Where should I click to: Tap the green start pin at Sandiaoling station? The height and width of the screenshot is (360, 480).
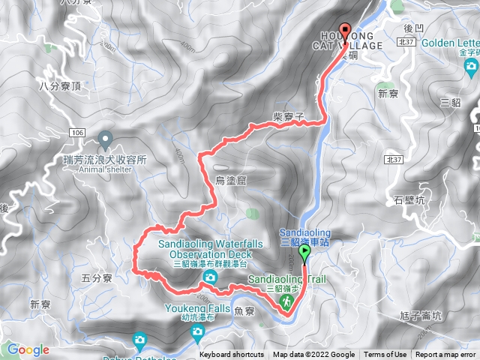point(304,253)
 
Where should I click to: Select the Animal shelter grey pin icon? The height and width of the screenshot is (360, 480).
point(105,139)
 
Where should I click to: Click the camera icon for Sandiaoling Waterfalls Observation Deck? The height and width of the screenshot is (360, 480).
point(210,277)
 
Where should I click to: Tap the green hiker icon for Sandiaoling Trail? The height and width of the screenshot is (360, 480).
point(286,301)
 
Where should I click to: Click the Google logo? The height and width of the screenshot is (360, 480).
point(28,349)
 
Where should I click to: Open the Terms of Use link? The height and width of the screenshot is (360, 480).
point(385,355)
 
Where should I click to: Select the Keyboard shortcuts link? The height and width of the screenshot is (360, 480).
point(231,355)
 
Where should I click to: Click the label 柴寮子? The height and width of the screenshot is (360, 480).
point(288,117)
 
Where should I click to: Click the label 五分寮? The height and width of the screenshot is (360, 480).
point(96,278)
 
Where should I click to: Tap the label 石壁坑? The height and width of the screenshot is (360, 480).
point(409,200)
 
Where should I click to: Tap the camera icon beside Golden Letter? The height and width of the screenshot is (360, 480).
point(471,68)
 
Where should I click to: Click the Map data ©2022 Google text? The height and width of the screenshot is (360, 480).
point(313,355)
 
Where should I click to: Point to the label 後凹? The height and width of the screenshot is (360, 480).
point(415,27)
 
